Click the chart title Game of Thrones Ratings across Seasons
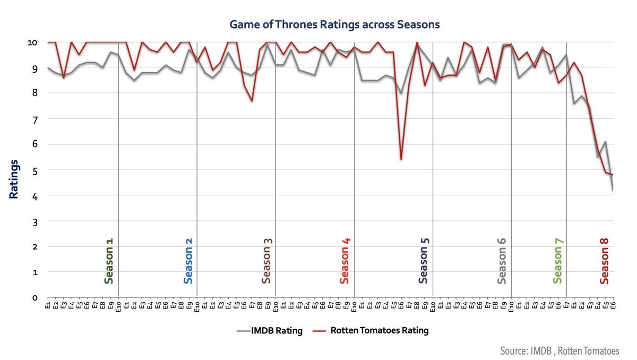[x=334, y=24]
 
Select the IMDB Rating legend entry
[x=270, y=331]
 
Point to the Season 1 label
[x=109, y=261]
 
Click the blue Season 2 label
[x=188, y=261]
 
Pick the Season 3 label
[x=267, y=261]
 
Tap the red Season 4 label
[x=345, y=261]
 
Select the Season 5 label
[x=424, y=261]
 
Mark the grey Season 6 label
[x=502, y=261]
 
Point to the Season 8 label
[x=604, y=261]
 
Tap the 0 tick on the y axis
[x=34, y=298]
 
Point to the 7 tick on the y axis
[x=34, y=119]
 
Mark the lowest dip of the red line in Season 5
[x=401, y=159]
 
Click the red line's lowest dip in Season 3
[x=252, y=101]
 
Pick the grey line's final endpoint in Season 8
[x=613, y=190]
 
